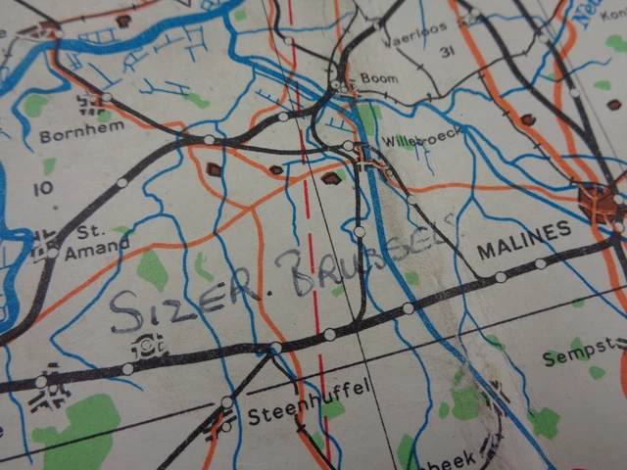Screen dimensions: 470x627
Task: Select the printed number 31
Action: pyautogui.click(x=450, y=52)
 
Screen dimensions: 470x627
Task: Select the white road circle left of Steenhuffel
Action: pyautogui.click(x=227, y=401)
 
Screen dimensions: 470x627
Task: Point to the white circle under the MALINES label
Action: pyautogui.click(x=540, y=263)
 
